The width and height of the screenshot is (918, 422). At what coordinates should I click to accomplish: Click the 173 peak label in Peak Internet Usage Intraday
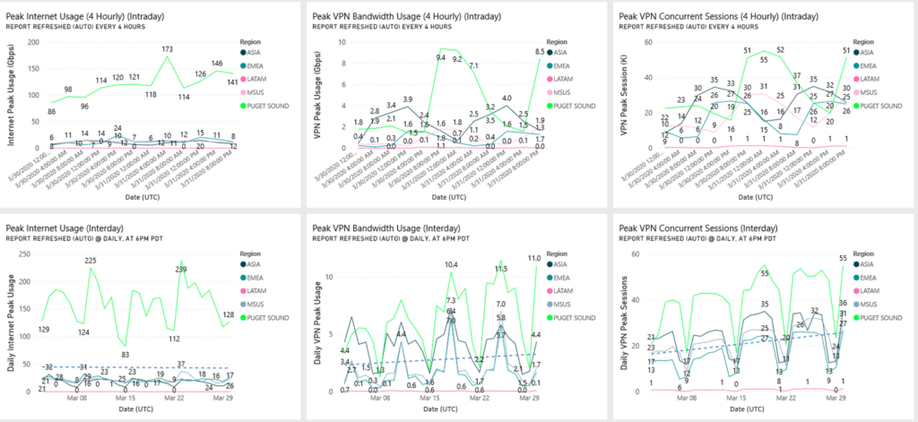167,48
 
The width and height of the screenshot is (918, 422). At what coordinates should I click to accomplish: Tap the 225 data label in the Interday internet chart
90,261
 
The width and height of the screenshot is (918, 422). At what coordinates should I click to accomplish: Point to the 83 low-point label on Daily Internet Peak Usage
125,356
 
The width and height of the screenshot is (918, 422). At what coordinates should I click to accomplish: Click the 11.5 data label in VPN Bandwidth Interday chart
501,268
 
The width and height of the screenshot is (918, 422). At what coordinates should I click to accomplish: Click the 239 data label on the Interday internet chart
180,269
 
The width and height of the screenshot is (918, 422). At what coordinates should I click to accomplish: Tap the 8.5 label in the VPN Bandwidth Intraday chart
540,52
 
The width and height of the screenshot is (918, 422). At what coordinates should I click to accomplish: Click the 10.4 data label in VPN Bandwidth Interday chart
451,265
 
